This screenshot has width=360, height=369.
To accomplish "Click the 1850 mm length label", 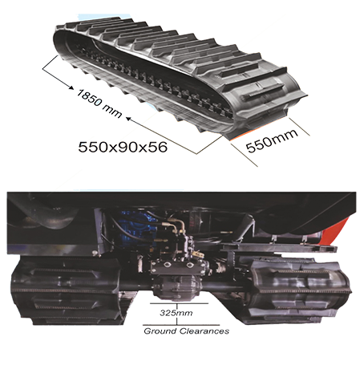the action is [99, 103].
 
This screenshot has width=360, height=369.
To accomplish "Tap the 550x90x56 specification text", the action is [123, 147].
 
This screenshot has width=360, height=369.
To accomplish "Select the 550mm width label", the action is [272, 140].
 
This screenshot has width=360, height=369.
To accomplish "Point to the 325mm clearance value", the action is [176, 313].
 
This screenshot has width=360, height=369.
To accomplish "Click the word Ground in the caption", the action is [160, 331].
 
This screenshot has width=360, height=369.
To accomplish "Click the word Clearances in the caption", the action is [204, 331].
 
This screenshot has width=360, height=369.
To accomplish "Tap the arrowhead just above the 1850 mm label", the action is [71, 87].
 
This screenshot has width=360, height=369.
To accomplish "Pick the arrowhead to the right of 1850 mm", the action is [128, 119].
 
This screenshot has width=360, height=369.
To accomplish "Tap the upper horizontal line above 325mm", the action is [179, 304].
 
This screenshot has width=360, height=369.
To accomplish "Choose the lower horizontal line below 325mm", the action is [181, 325].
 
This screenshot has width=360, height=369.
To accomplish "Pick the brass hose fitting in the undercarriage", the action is [176, 224].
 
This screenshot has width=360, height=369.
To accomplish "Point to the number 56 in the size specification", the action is [158, 147].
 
